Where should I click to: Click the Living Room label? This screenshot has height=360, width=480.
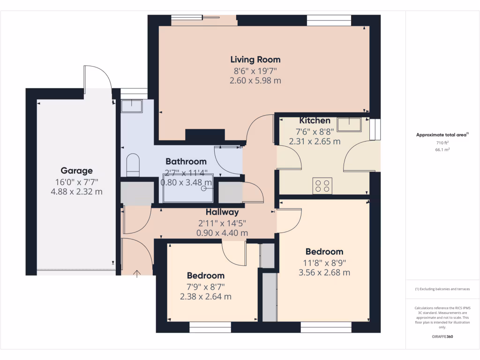255,60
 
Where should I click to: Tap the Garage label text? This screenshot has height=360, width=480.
76,171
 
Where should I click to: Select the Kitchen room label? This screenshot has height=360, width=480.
315,120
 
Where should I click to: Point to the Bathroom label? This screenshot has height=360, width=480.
186,161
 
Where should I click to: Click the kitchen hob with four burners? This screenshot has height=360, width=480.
322,186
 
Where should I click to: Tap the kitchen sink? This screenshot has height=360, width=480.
349,124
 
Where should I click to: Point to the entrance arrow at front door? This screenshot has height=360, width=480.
137,274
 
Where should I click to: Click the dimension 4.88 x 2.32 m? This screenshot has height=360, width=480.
76,192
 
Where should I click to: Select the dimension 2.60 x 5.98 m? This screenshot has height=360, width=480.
255,81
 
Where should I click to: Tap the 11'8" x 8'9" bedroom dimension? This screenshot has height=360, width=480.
324,262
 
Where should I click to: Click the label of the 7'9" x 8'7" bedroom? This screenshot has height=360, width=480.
205,276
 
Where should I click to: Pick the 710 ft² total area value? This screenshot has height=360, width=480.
442,142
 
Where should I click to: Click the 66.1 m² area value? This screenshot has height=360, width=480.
442,150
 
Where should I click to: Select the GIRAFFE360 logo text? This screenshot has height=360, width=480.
442,337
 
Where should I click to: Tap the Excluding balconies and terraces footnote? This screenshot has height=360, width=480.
442,289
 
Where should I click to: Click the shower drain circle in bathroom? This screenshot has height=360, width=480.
204,189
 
